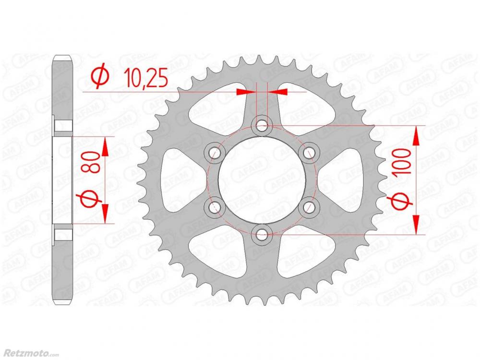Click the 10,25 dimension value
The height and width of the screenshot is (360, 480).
[146, 78]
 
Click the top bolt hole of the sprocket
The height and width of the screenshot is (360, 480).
[262, 125]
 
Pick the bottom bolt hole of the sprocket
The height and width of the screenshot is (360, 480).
[262, 235]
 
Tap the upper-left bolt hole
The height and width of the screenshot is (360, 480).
[214, 153]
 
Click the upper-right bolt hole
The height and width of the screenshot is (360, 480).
[309, 153]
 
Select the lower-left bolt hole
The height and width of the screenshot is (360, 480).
[214, 207]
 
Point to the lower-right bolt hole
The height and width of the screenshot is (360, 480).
[309, 207]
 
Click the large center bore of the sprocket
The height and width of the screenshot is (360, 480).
[262, 180]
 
